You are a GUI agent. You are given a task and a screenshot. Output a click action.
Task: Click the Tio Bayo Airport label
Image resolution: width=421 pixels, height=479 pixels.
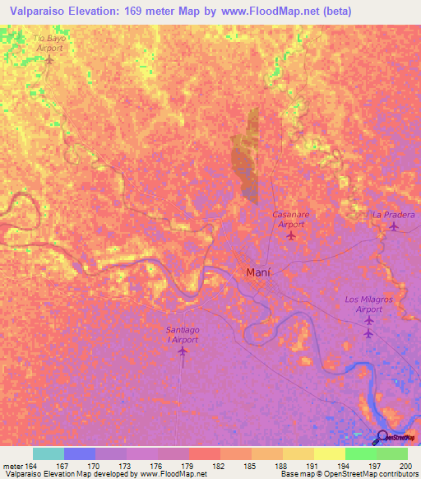[49, 43]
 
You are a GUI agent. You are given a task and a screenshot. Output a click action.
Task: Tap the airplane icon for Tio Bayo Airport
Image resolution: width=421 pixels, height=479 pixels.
[49, 60]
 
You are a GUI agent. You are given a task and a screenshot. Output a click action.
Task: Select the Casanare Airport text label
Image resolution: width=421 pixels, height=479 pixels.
[291, 219]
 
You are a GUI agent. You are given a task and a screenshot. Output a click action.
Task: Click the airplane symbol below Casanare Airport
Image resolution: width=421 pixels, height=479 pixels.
[291, 236]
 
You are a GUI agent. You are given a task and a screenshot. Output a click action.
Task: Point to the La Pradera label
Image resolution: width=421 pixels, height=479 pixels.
[394, 215]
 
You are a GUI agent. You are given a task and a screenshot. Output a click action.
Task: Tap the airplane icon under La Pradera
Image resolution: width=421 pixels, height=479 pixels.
[394, 226]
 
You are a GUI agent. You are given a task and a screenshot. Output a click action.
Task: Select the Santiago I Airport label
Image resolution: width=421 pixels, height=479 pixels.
[183, 334]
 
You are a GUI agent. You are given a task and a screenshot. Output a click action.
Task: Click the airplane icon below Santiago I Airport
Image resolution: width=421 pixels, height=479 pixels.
[183, 352]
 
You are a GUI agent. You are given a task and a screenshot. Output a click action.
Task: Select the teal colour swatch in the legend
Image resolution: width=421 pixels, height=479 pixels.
[49, 453]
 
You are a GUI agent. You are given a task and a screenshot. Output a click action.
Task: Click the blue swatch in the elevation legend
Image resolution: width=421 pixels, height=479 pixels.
[80, 453]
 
